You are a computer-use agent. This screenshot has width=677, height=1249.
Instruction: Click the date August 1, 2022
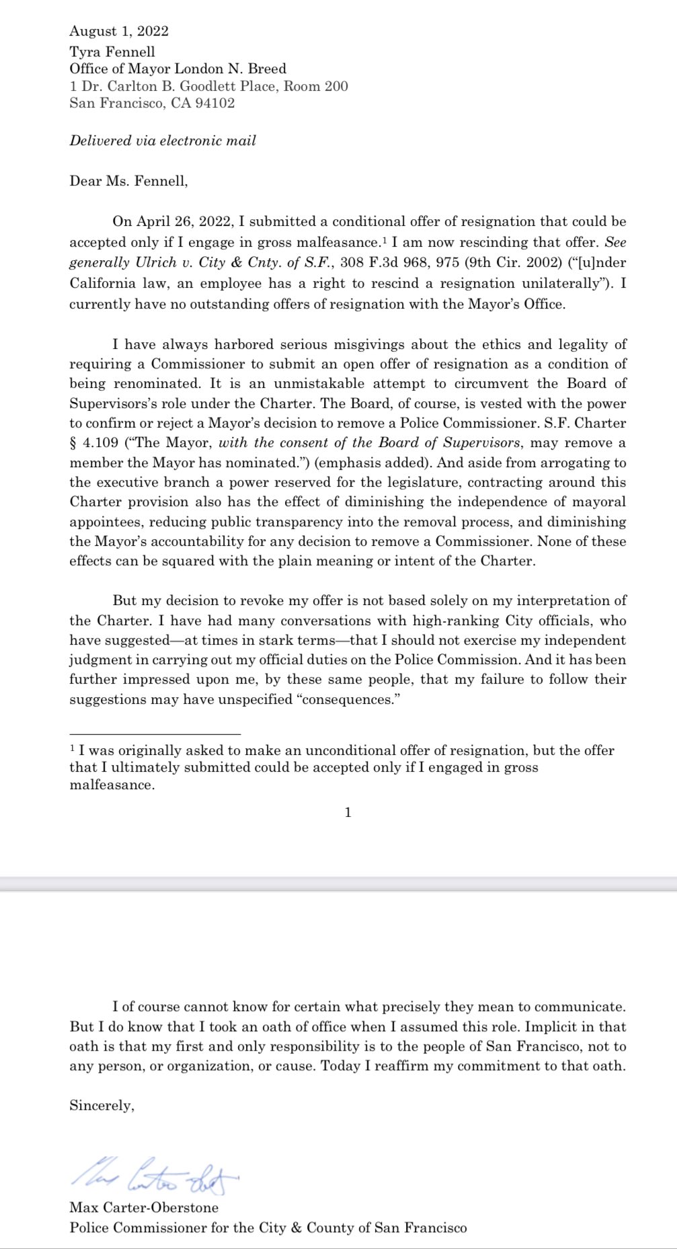(119, 31)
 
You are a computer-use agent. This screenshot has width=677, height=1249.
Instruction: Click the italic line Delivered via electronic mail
(163, 140)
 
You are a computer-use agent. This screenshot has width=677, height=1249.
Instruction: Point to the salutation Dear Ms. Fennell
(128, 181)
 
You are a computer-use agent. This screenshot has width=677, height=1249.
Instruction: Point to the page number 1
(348, 813)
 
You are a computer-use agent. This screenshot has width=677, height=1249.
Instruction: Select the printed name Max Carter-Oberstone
(144, 1207)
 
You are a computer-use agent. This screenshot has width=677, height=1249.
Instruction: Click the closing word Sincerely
(102, 1106)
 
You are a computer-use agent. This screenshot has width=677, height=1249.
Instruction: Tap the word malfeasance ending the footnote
(112, 785)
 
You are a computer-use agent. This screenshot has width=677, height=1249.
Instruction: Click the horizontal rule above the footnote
(155, 734)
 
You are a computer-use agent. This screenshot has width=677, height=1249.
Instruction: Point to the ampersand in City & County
(296, 1227)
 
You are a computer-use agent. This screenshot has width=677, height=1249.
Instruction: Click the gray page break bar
(338, 884)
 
